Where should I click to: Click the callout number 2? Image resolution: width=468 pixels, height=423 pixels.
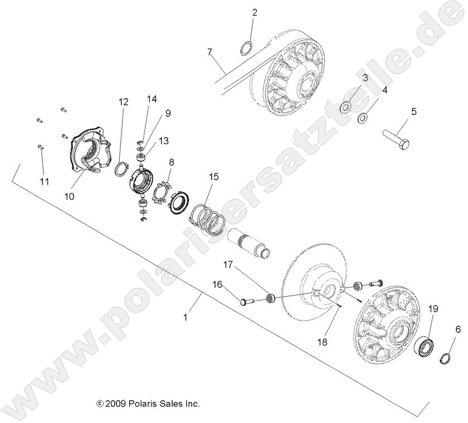pos(254,12)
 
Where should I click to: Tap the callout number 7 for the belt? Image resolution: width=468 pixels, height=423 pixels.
pos(209,52)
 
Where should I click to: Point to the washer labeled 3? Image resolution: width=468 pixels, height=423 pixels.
pos(345,106)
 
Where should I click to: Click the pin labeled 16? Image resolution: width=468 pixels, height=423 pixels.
pos(247,302)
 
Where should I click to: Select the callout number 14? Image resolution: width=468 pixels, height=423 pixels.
pos(152,99)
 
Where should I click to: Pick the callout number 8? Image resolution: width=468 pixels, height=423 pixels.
pos(172,163)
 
